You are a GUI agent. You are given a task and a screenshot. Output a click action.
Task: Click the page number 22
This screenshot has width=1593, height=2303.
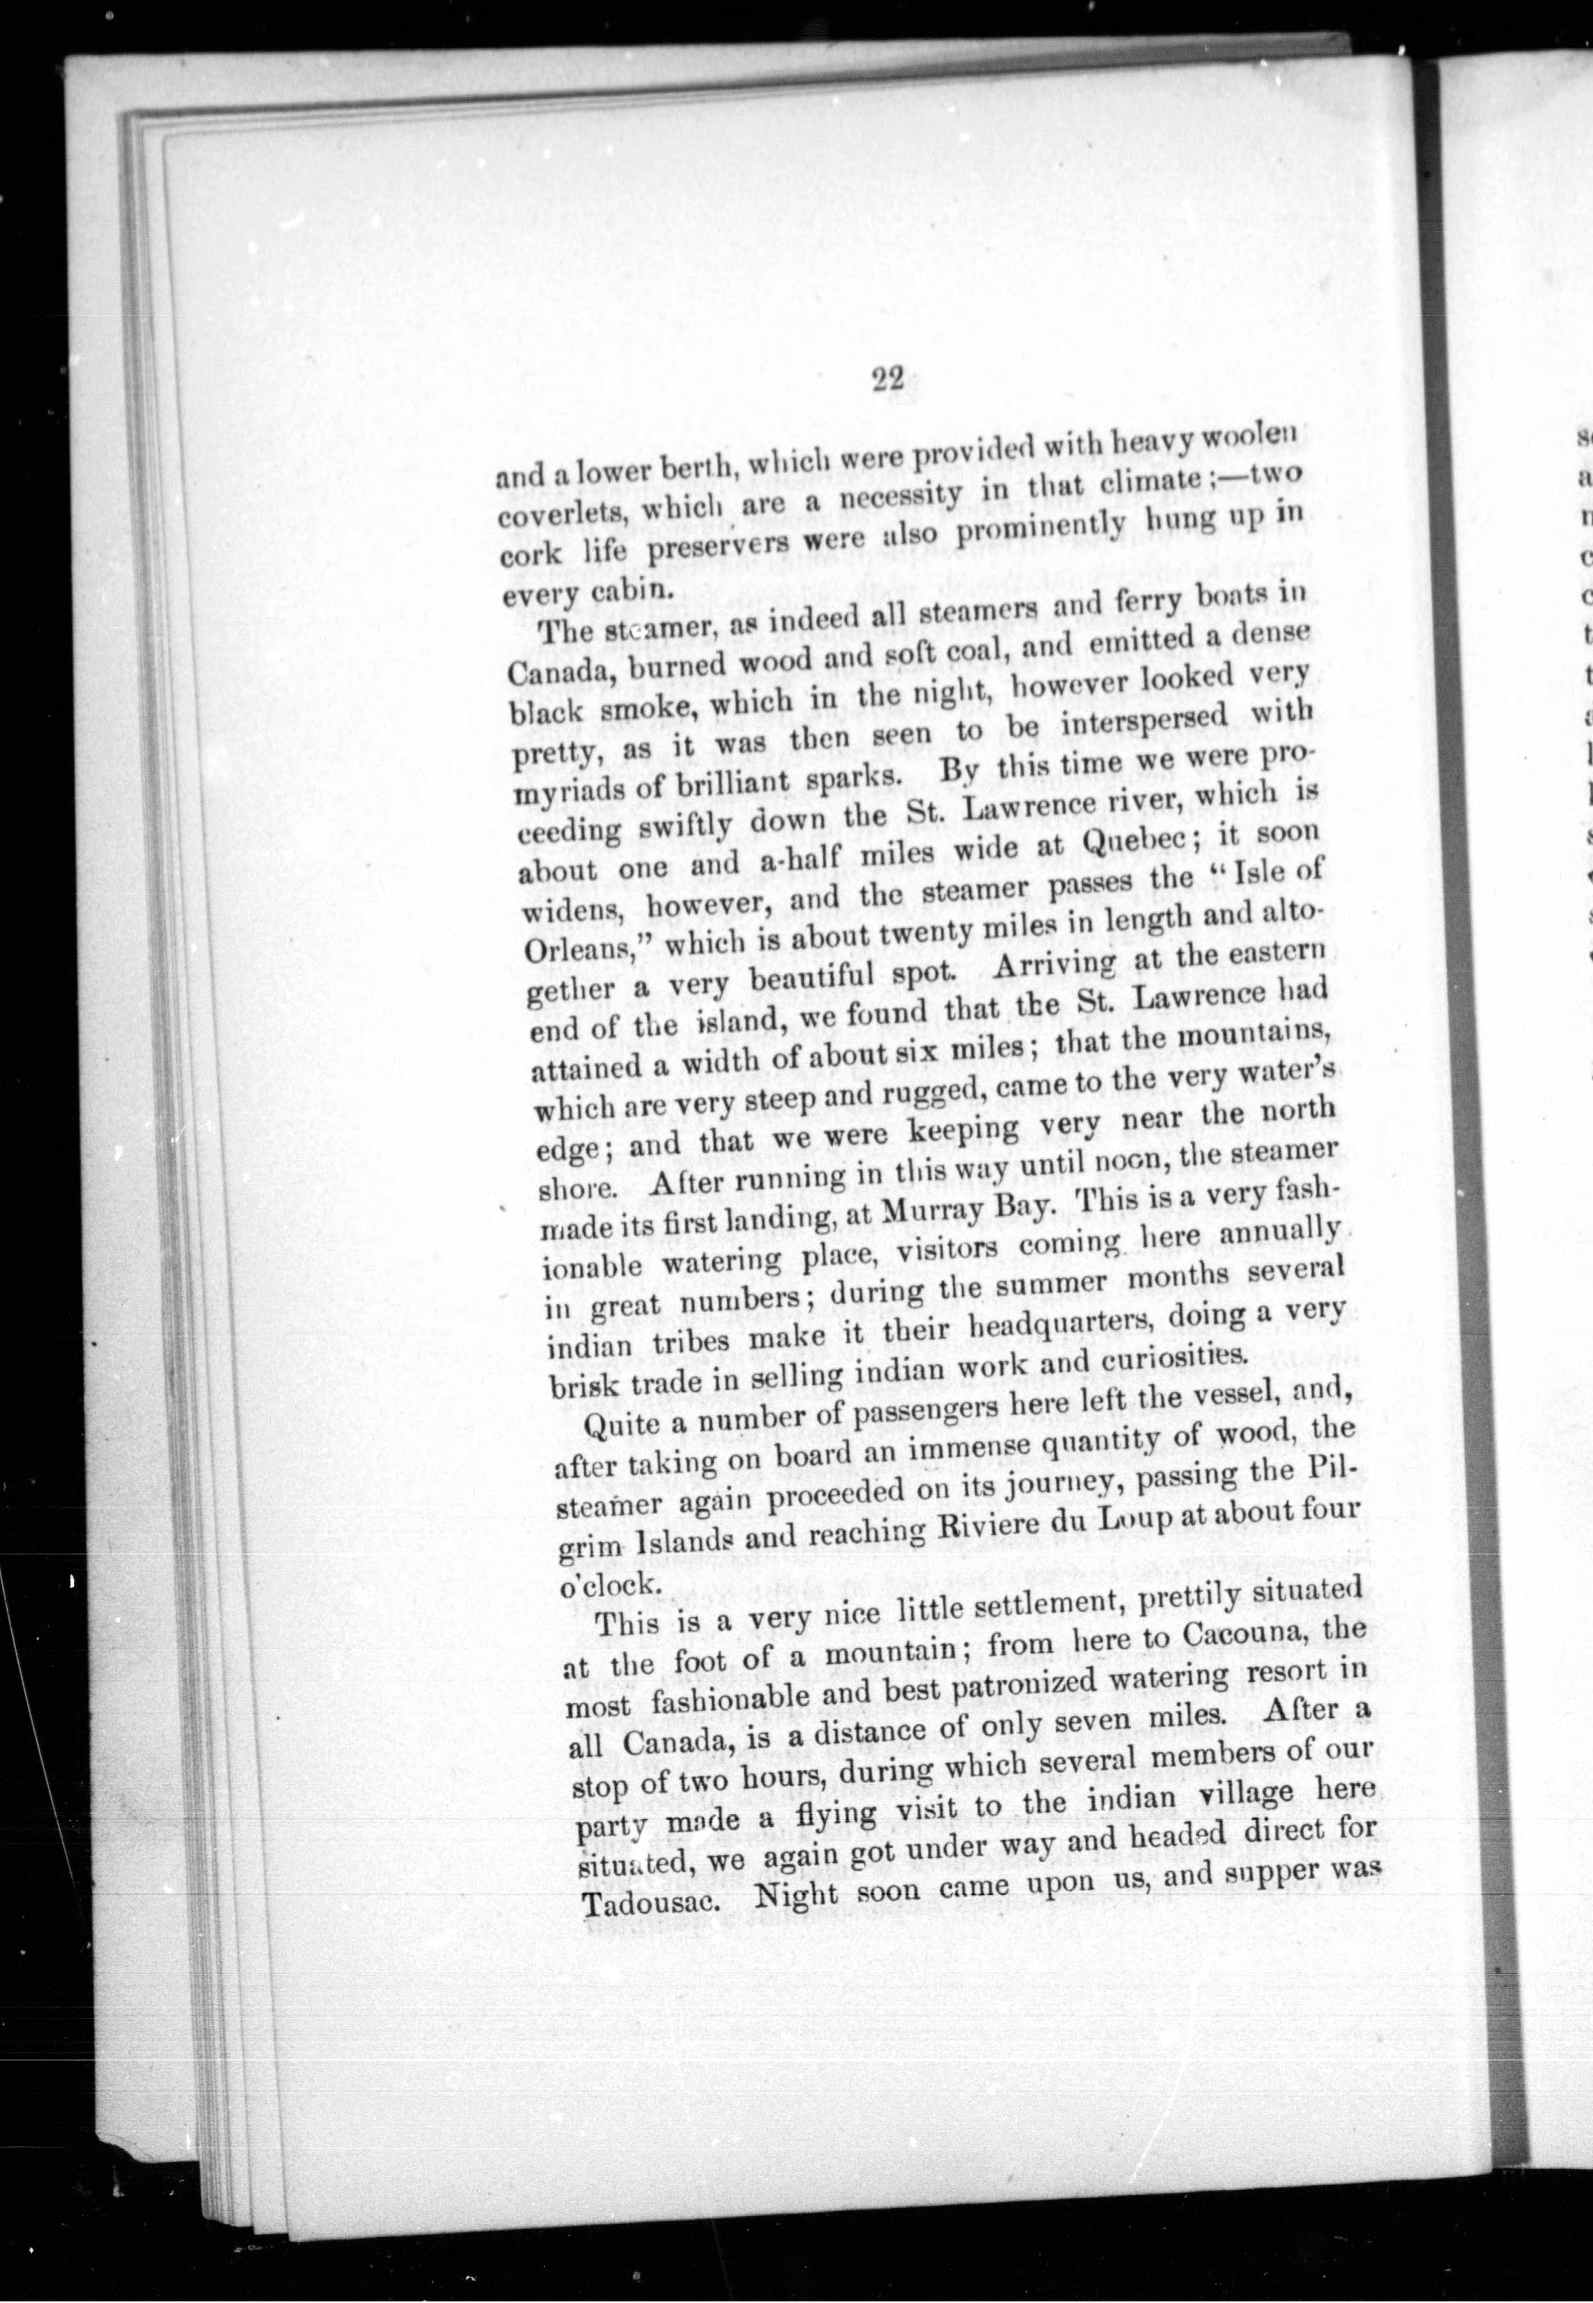point(887,380)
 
